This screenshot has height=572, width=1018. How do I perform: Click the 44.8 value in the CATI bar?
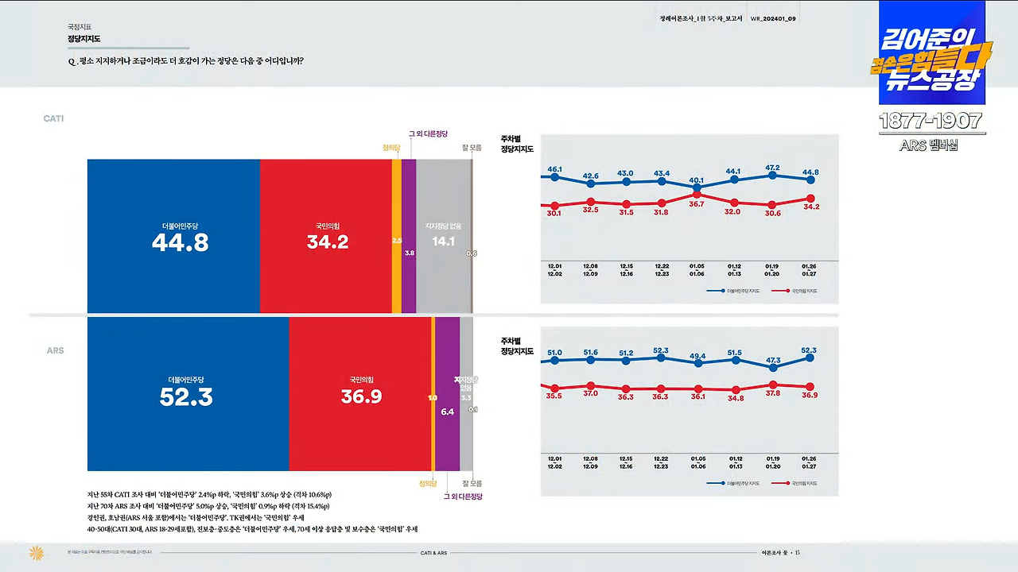(x=180, y=242)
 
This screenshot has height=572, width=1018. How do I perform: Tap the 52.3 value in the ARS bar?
(x=186, y=396)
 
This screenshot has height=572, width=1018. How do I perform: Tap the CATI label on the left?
(x=53, y=118)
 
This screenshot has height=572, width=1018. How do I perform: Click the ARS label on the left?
(x=55, y=350)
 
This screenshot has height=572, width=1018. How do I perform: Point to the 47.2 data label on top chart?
(x=771, y=168)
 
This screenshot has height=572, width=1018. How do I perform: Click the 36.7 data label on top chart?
(x=697, y=204)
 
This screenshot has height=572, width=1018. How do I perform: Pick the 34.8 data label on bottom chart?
(x=735, y=397)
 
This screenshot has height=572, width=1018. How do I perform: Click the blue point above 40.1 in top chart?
(x=697, y=188)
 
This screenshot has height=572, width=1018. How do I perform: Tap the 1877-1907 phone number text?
(x=931, y=122)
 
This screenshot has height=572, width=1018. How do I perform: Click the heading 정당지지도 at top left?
(x=84, y=38)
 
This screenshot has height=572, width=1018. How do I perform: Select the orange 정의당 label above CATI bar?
(x=390, y=147)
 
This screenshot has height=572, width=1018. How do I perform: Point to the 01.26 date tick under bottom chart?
(x=810, y=459)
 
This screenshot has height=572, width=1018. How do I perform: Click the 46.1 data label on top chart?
(x=554, y=169)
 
